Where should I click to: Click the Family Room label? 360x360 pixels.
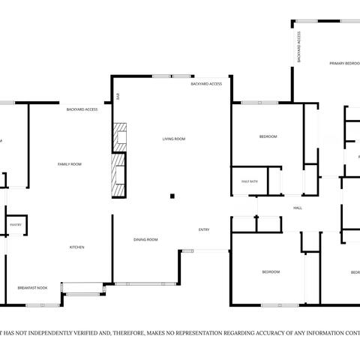point(70,163)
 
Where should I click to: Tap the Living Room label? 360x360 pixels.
point(174,139)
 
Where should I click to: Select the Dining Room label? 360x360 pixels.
point(145,239)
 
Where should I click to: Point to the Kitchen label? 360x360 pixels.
point(76,247)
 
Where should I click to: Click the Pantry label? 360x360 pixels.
point(15,224)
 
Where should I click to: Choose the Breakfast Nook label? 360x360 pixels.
point(32,287)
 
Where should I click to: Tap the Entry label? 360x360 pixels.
point(204,229)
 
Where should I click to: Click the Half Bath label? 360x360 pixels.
point(250,181)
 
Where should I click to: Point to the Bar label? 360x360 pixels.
point(118,95)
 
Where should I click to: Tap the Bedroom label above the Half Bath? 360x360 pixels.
point(268,136)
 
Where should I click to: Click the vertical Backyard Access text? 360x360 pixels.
point(299,47)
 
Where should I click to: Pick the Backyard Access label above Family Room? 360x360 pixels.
point(82,109)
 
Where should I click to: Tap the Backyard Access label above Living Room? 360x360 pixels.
point(205,84)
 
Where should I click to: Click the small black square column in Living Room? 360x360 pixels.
point(172,196)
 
